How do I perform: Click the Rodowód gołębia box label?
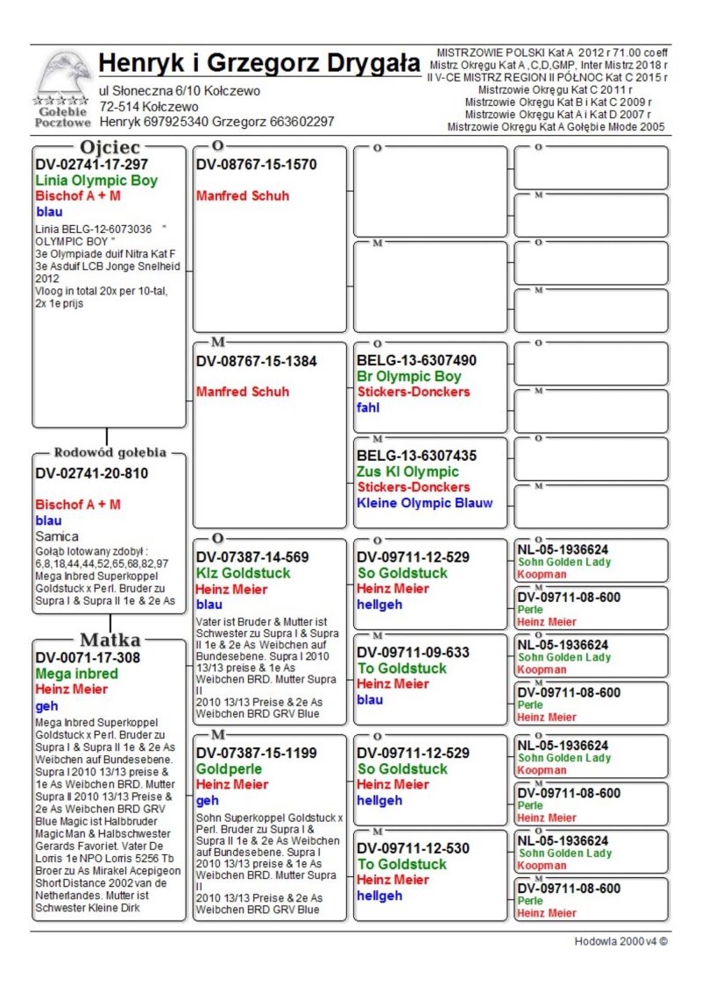110,453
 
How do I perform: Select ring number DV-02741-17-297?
92,165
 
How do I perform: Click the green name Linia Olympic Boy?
96,181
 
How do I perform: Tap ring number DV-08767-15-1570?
256,165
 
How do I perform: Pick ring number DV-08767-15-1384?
256,361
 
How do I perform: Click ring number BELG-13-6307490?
417,361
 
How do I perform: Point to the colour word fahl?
369,407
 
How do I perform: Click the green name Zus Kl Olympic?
407,471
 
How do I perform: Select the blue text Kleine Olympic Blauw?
424,503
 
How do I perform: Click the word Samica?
57,535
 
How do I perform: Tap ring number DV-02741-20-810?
92,473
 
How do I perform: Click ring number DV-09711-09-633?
413,653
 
